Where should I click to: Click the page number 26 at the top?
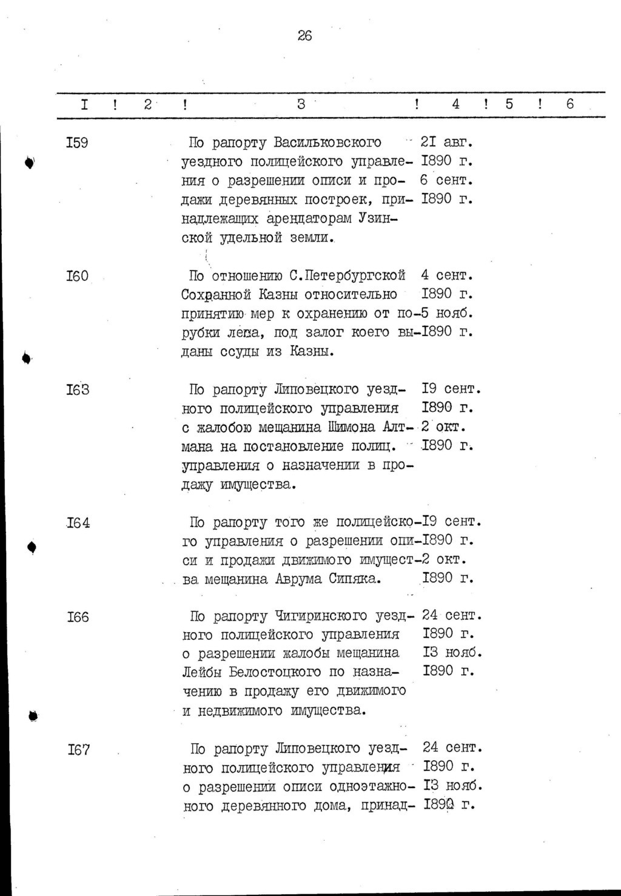click(304, 36)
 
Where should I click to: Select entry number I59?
click(77, 143)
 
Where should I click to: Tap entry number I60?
click(77, 276)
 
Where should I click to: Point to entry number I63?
click(78, 389)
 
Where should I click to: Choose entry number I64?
click(78, 522)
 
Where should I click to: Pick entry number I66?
click(78, 617)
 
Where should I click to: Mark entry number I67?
click(78, 749)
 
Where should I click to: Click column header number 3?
click(301, 104)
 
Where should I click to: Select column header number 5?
click(509, 104)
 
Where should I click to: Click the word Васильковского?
click(327, 143)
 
